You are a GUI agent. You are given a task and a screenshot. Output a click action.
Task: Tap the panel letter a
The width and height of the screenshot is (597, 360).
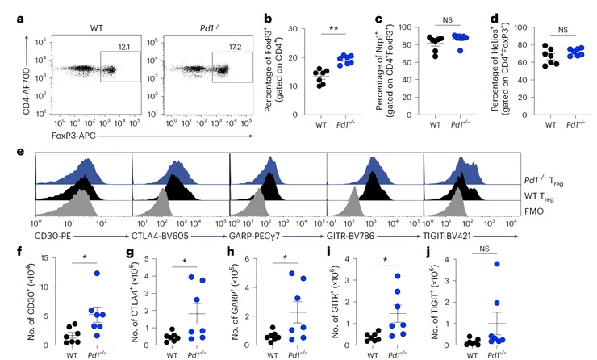6,12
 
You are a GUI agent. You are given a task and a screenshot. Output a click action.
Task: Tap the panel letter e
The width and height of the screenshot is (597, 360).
6,151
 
